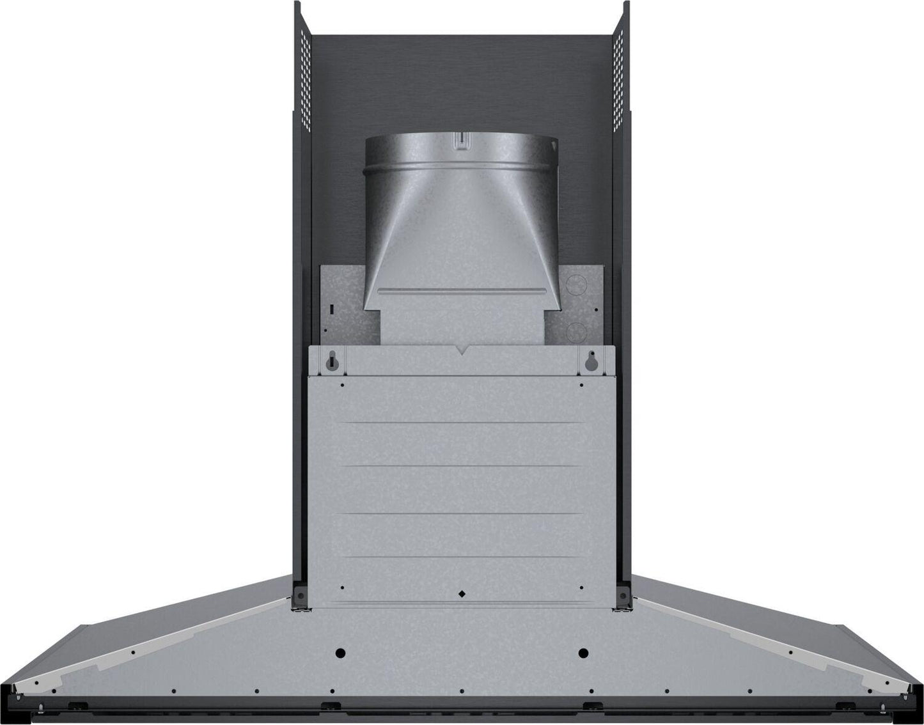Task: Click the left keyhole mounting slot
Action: point(332,362)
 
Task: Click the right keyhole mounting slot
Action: point(590,362)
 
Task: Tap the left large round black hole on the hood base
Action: point(340,653)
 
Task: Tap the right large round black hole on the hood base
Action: point(583,653)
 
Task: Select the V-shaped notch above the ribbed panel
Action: point(461,350)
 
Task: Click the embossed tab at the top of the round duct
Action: point(460,142)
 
